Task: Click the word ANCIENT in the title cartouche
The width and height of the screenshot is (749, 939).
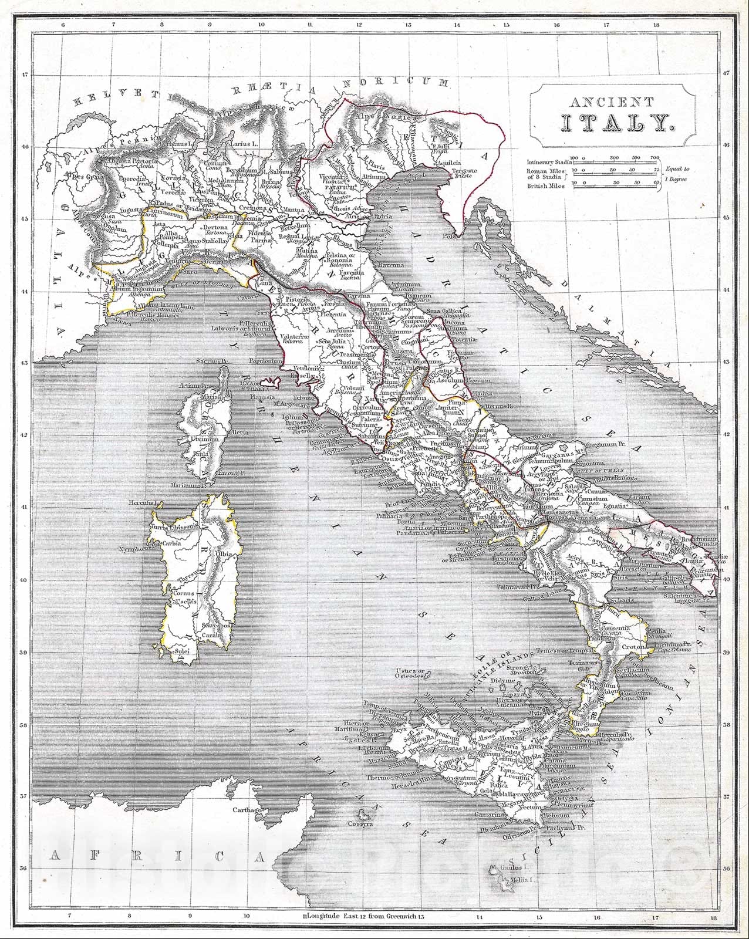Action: pos(611,102)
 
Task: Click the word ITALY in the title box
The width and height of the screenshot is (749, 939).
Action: pos(612,123)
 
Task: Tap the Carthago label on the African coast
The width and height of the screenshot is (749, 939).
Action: pos(245,810)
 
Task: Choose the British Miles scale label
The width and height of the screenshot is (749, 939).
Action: pos(546,185)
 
